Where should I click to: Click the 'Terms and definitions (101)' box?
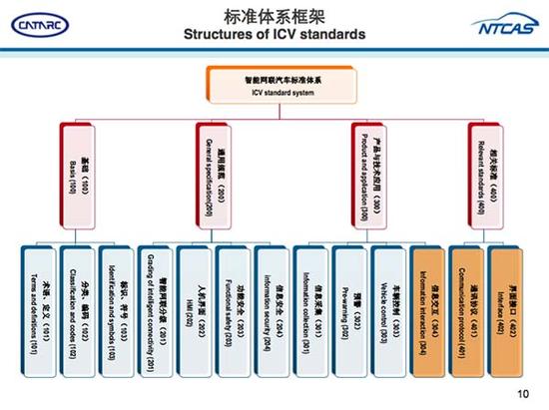[x=37, y=302]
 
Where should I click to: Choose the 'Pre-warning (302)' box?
[x=349, y=302]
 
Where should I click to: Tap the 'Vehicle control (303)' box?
[x=388, y=302]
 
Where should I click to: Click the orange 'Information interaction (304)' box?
[x=427, y=302]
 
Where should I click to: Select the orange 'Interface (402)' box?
[x=506, y=302]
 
